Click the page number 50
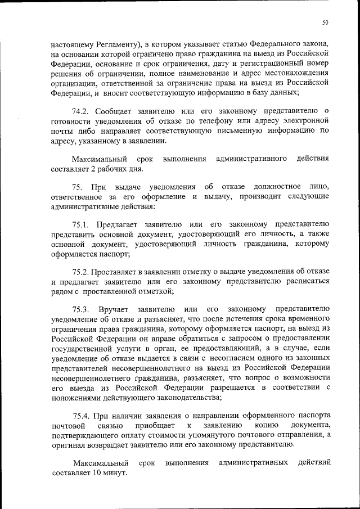click(x=325, y=23)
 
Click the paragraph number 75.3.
click(x=82, y=309)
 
